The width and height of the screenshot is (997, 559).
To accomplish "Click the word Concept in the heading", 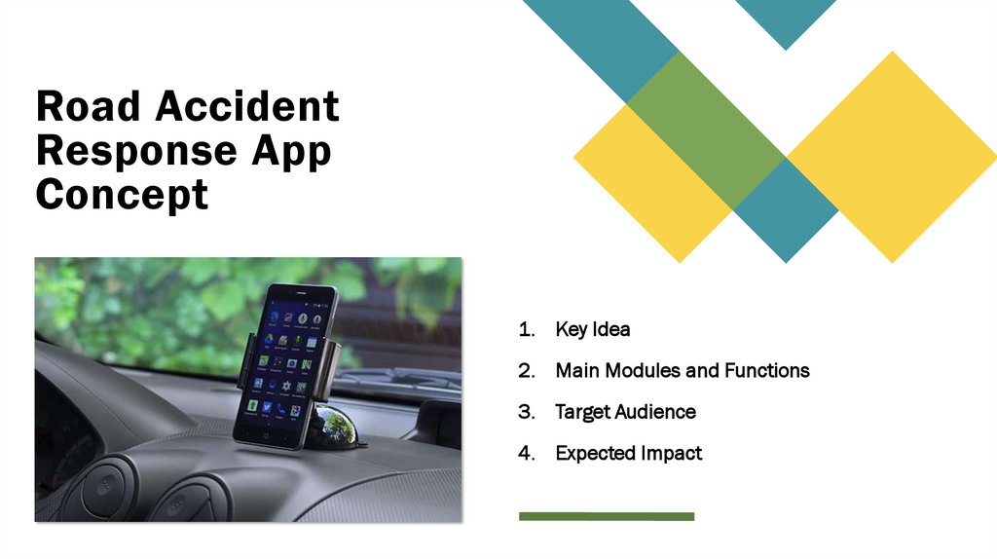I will point(122,196).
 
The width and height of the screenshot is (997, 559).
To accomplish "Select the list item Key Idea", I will point(592,329).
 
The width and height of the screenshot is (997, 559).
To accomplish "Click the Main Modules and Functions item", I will point(682,370).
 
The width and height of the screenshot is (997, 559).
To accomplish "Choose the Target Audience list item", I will point(625,412).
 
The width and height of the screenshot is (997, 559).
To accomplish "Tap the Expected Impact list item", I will point(628,453).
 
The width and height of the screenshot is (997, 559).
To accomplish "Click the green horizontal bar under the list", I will point(606,516).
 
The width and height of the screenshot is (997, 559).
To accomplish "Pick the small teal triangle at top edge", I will point(785,19).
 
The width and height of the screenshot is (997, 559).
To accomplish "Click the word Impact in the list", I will point(670,453).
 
